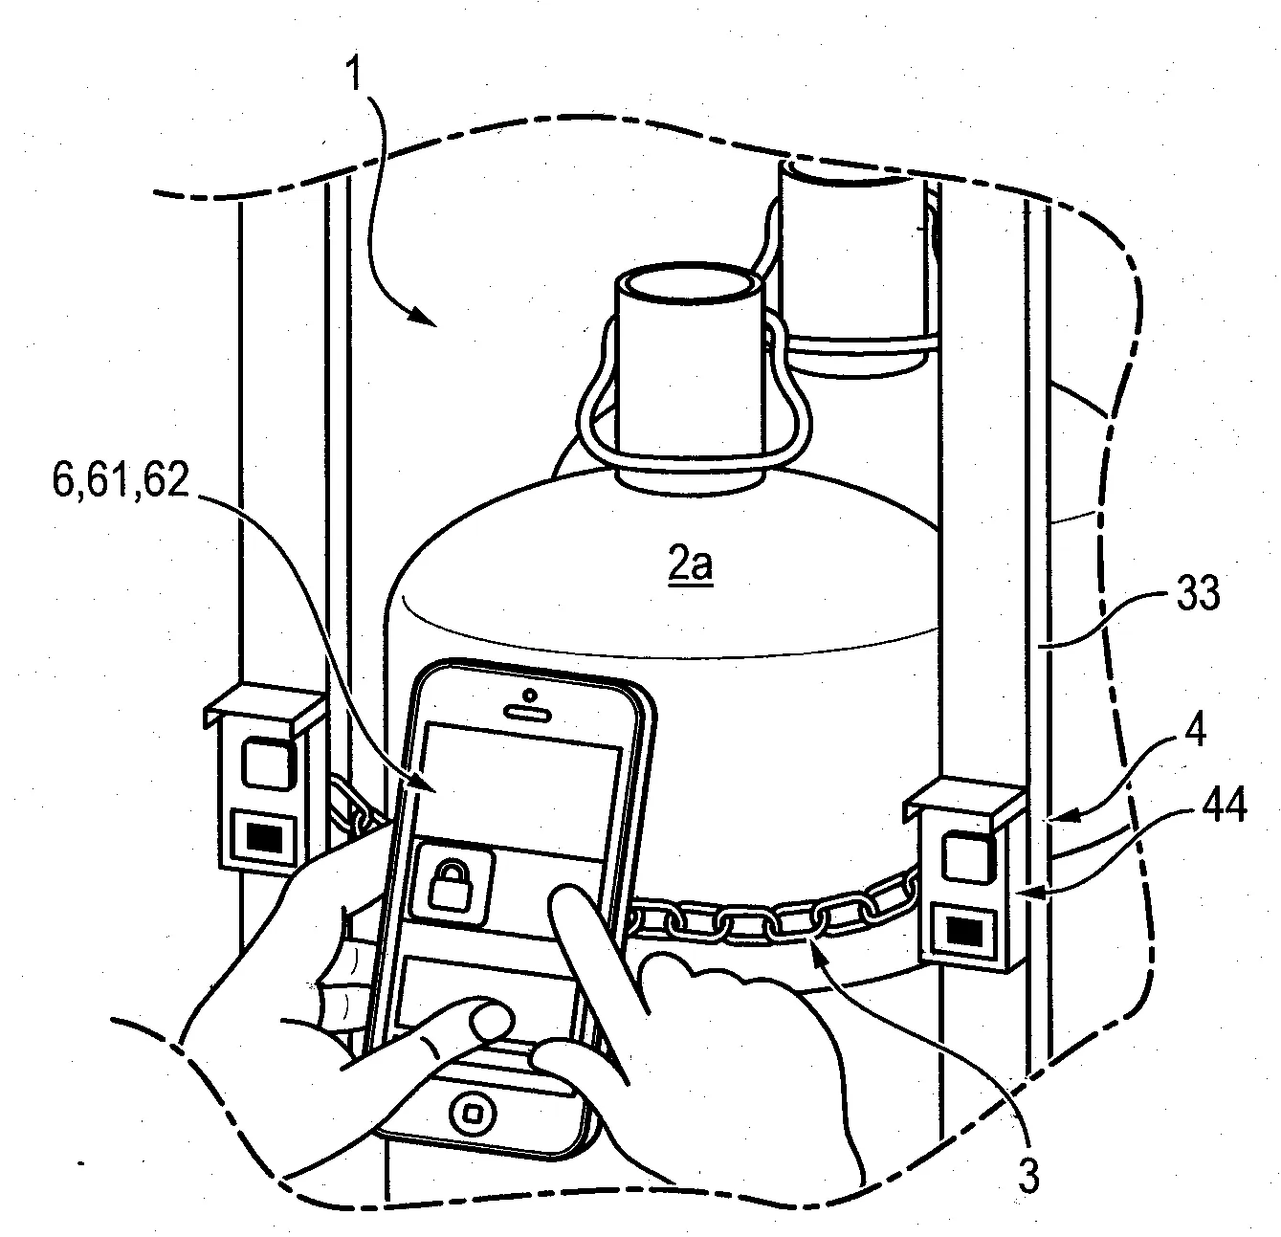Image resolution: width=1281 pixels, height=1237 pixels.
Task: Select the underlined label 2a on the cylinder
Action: pos(690,566)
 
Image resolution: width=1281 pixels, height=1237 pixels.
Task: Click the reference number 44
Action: pos(1219,809)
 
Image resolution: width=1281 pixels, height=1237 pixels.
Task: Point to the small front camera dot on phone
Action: pos(530,694)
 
